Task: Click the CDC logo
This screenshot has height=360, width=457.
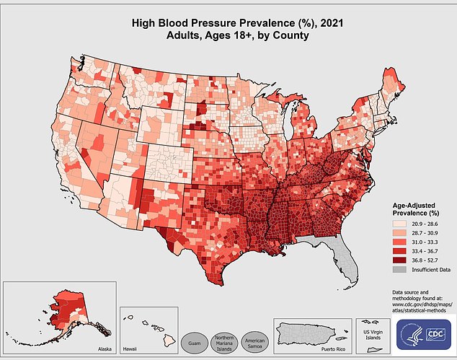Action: click(435, 334)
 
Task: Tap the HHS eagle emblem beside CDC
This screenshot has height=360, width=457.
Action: click(411, 334)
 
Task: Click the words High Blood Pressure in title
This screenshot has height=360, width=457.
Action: click(186, 23)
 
